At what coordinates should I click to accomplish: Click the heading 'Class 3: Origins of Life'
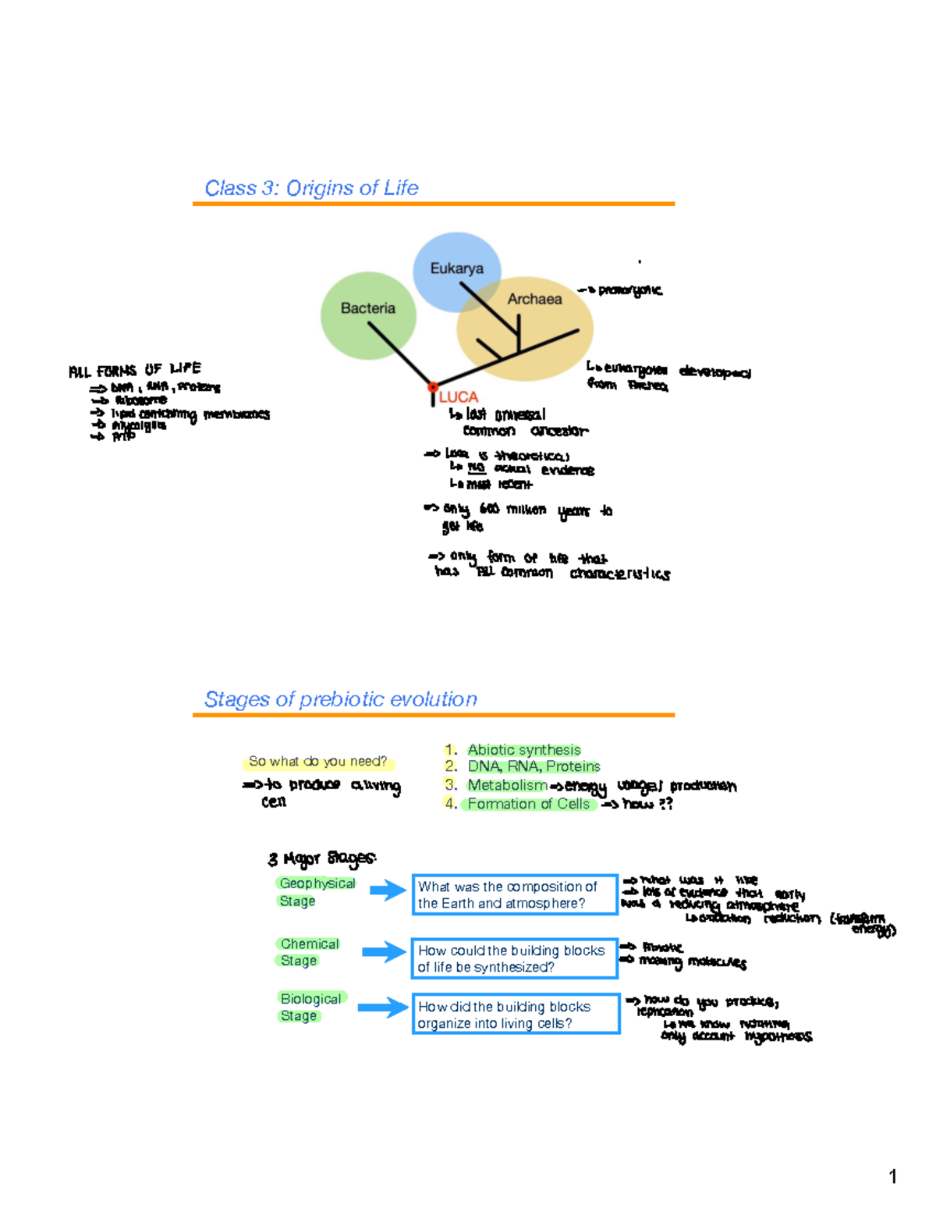311,188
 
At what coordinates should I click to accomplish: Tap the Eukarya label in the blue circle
456,268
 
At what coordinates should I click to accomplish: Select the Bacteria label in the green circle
367,308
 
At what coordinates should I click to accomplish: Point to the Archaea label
534,299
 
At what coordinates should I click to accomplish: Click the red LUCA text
459,397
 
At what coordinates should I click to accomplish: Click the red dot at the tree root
432,387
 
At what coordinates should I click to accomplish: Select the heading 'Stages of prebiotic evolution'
340,699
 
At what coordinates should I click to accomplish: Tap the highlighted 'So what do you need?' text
317,761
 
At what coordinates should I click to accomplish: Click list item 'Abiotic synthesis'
524,749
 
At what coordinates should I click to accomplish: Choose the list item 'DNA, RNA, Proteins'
534,766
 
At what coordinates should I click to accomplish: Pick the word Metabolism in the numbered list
507,785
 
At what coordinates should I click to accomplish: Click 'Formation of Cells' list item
529,804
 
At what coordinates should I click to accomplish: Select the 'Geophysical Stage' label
316,891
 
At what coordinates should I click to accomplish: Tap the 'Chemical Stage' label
309,952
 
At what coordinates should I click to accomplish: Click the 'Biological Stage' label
310,1007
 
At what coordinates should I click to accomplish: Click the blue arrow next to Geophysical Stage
388,890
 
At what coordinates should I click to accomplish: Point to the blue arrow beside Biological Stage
383,1008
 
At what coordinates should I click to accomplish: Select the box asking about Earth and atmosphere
515,894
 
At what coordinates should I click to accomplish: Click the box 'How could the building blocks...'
515,958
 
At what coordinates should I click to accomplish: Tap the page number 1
892,1177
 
